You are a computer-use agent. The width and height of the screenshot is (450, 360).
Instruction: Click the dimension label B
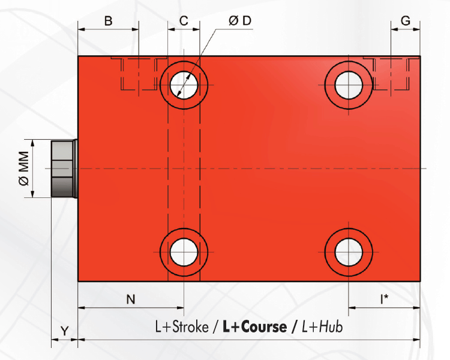click(108, 21)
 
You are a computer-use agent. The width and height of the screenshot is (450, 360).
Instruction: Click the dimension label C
click(184, 21)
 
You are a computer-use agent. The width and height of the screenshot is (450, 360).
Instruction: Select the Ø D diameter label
click(239, 21)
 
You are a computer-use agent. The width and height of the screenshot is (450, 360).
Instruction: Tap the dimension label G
click(405, 21)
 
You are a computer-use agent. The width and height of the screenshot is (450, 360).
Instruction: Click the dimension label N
click(130, 298)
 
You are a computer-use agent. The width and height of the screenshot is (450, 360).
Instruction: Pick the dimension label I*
click(384, 298)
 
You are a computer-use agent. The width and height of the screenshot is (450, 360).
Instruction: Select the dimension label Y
click(65, 331)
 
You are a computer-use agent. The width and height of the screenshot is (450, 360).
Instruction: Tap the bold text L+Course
click(254, 327)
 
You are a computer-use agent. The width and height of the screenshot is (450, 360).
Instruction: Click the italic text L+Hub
click(322, 327)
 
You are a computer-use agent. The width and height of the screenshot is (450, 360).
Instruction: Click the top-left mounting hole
click(184, 84)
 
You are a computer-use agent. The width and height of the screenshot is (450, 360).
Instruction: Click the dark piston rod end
click(64, 169)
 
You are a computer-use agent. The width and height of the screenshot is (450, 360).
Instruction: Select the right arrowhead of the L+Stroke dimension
click(416, 340)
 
